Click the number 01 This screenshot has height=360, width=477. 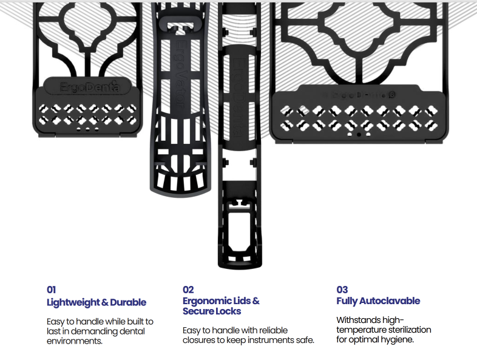(x=52, y=290)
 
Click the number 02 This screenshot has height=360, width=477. (x=188, y=290)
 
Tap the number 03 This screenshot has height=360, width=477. (x=342, y=290)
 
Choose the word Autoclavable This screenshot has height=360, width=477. (x=391, y=301)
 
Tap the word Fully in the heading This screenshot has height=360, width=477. (x=348, y=301)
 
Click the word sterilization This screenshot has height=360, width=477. (x=407, y=330)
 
